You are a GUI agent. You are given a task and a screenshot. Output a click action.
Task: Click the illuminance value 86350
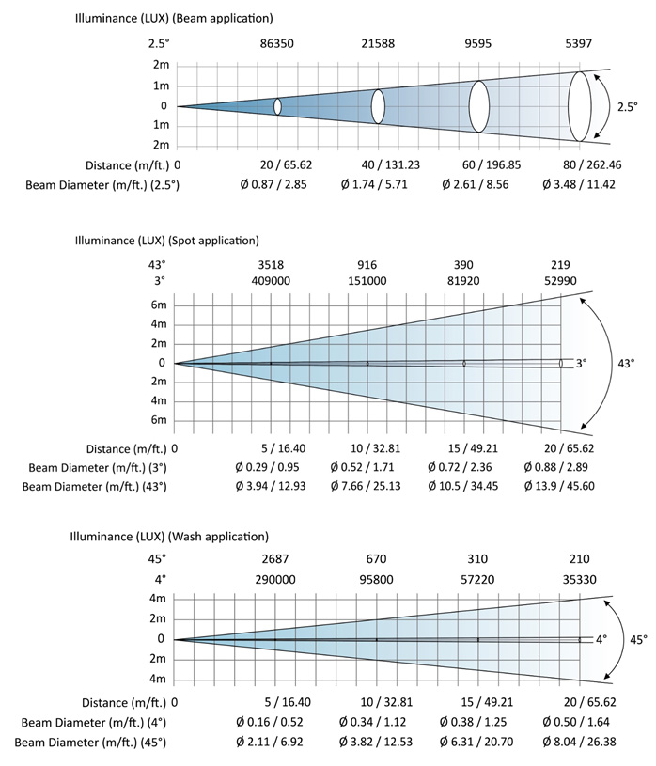tap(278, 43)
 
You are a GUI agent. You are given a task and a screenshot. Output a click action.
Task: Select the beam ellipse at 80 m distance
tap(580, 105)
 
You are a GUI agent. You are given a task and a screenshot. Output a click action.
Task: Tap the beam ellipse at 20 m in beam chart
tap(278, 106)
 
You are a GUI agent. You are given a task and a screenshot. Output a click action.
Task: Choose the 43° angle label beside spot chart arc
tap(626, 362)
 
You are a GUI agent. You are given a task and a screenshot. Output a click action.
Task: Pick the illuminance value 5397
tap(580, 43)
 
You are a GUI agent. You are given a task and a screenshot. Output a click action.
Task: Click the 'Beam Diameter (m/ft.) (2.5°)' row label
tap(103, 184)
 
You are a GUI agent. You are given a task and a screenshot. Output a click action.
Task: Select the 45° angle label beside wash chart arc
tap(638, 639)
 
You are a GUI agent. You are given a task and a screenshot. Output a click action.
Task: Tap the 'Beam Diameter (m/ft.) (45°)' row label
tap(95, 742)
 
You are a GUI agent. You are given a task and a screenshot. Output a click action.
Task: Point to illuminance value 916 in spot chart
tap(367, 263)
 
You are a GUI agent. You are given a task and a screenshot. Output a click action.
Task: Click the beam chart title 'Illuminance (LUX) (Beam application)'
tap(174, 18)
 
